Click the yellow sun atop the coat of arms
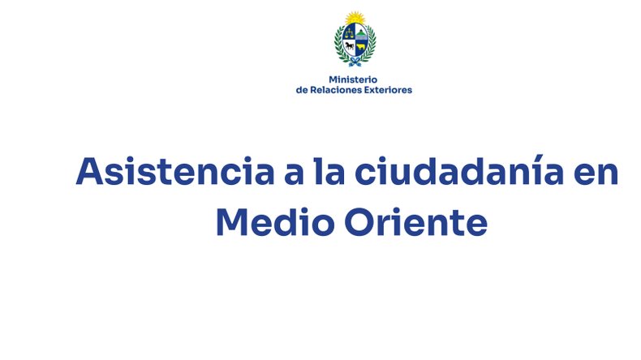click(355, 18)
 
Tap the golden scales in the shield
click(350, 32)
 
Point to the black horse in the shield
click(350, 45)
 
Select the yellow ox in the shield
click(360, 47)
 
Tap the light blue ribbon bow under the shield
click(355, 62)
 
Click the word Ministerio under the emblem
click(353, 79)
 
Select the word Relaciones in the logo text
click(332, 90)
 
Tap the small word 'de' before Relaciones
click(301, 90)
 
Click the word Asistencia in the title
click(175, 171)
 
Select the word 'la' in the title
click(329, 170)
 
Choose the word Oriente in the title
click(415, 222)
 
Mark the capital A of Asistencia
click(89, 171)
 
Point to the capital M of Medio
click(232, 222)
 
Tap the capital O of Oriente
click(359, 222)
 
